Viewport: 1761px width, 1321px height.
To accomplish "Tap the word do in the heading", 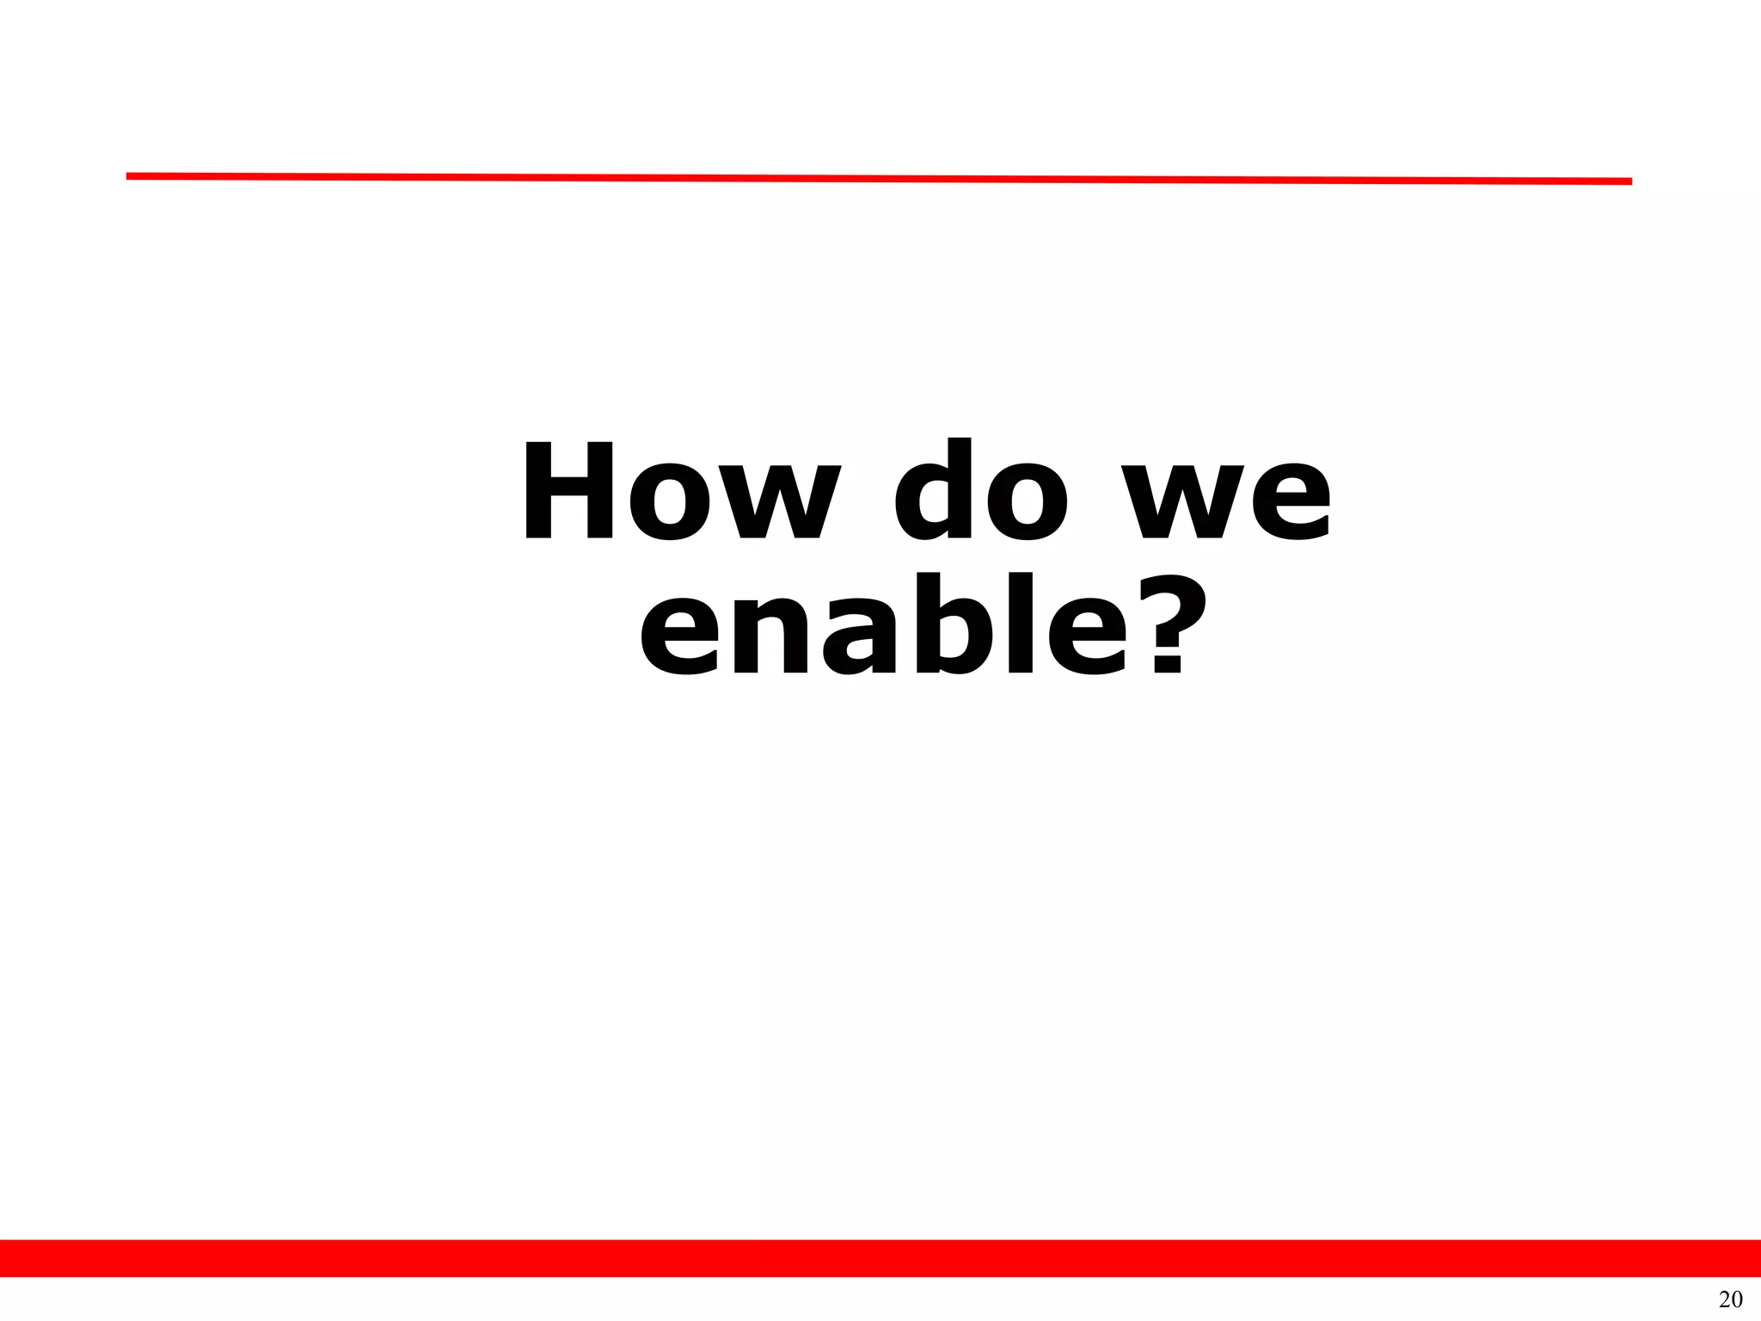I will (981, 491).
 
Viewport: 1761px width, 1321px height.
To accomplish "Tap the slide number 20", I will (1730, 1299).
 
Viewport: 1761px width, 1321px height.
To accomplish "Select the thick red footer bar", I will (880, 1258).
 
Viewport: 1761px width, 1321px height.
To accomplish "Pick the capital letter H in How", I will (568, 491).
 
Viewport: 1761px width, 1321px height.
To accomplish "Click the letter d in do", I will (932, 491).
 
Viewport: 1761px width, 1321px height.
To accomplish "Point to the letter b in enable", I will (964, 624).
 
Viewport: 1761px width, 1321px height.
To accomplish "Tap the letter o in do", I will (1028, 503).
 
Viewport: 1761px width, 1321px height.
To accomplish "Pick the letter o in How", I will (670, 503).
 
